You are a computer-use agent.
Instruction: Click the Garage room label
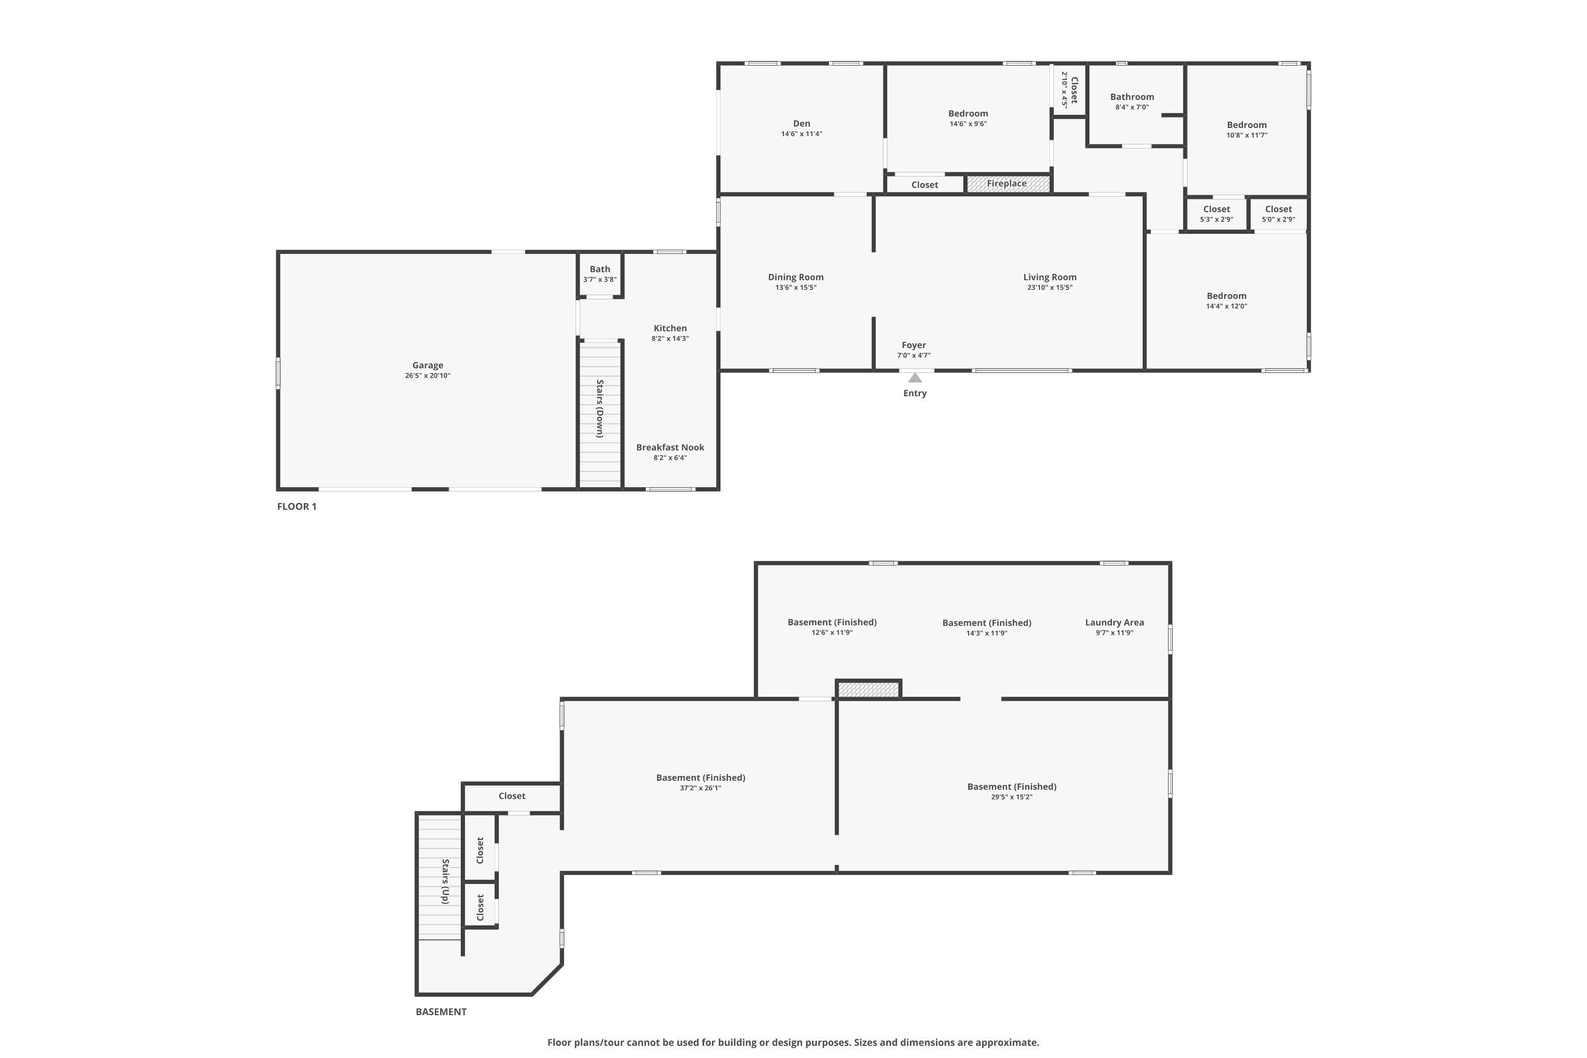coord(428,365)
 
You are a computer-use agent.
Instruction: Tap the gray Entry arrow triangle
coord(915,378)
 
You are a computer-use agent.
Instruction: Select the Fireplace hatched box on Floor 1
coord(1008,184)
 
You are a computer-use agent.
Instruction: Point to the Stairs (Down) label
coord(599,408)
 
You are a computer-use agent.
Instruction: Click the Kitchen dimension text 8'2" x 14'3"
coord(670,339)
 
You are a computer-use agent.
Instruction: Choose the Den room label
coord(801,123)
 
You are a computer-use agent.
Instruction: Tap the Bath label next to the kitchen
coord(600,269)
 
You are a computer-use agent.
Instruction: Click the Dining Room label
coord(796,277)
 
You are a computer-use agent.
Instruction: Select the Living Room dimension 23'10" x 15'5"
coord(1050,287)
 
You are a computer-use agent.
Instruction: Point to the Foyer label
coord(914,345)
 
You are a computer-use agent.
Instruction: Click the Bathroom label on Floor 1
coord(1132,97)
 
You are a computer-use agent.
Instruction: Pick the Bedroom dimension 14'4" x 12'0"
coord(1227,306)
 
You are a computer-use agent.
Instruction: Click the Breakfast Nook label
coord(670,448)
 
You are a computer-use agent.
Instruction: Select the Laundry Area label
coord(1114,623)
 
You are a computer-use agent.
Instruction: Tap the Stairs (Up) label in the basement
coord(445,881)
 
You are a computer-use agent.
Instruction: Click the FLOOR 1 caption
coord(297,507)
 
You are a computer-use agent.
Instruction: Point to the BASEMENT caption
coord(441,1011)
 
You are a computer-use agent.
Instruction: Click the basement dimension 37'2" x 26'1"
coord(700,788)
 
